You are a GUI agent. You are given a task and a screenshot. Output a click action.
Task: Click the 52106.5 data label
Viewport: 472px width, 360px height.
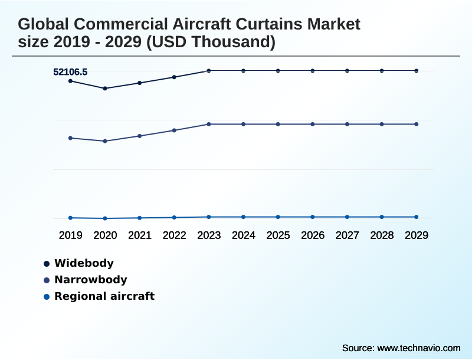pos(70,72)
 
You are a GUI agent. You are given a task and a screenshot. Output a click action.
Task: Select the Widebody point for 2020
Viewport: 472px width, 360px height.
pos(105,89)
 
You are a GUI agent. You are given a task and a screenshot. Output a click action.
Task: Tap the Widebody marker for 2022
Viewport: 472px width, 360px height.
pos(174,77)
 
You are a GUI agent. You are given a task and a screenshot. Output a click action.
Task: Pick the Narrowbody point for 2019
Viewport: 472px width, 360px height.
pos(71,138)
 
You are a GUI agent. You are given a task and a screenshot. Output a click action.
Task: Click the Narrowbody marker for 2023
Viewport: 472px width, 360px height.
pos(209,124)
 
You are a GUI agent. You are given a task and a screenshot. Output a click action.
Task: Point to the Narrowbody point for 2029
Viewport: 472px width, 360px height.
pos(417,124)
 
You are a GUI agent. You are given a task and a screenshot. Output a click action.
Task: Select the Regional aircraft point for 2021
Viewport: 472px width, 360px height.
pos(140,218)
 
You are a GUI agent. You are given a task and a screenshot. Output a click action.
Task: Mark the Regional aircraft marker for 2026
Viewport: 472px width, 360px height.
pos(313,217)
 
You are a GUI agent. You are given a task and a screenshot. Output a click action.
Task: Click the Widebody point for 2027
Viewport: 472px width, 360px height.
pos(347,71)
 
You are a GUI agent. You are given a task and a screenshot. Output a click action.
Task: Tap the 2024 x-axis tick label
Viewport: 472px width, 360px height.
pos(244,235)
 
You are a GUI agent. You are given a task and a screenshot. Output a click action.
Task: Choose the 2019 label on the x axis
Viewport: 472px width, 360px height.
pos(71,235)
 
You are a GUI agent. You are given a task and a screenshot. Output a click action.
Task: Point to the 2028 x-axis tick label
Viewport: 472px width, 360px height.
pos(382,235)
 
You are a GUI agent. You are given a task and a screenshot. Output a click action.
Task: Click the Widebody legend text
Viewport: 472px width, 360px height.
pos(84,263)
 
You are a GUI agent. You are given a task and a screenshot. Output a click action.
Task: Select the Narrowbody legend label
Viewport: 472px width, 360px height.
pos(90,280)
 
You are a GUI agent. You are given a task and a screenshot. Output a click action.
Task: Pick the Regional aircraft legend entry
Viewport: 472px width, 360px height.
pos(104,296)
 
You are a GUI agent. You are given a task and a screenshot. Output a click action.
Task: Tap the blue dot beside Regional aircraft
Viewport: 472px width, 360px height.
pos(47,296)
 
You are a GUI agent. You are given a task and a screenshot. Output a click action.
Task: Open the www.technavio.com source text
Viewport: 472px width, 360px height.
pos(418,348)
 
